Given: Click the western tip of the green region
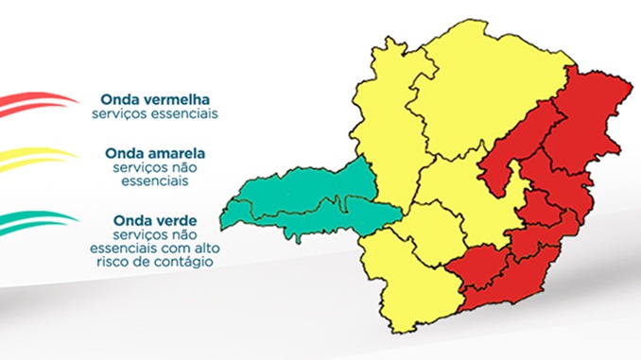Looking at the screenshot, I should pos(231,205).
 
